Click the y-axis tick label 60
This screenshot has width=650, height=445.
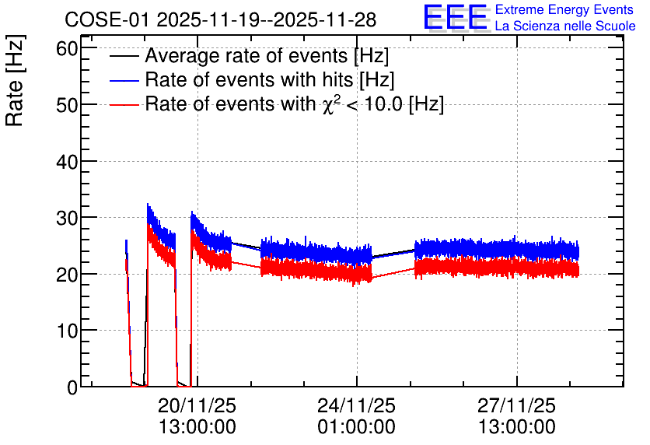point(67,48)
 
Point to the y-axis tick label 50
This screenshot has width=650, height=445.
point(67,105)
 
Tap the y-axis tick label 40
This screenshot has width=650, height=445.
point(67,161)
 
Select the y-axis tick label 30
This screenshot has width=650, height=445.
point(67,218)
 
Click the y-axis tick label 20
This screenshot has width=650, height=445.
point(67,274)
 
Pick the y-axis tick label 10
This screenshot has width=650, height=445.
point(67,331)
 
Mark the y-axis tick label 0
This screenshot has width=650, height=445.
point(72,387)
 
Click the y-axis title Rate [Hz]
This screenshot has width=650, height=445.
point(15,80)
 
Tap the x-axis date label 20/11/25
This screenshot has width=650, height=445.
point(197,405)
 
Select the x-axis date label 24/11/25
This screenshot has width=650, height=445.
point(357,405)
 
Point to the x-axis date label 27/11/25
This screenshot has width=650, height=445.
point(516,405)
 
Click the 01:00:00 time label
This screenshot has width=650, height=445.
point(357,426)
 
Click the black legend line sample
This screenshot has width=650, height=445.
point(124,56)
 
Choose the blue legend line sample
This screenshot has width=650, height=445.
point(124,80)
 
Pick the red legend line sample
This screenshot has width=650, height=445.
point(124,104)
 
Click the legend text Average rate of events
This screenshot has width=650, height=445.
point(246,56)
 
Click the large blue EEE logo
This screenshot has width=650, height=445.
point(455,17)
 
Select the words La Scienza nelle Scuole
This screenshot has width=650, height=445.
point(565,26)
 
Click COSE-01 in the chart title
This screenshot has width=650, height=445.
point(106,19)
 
